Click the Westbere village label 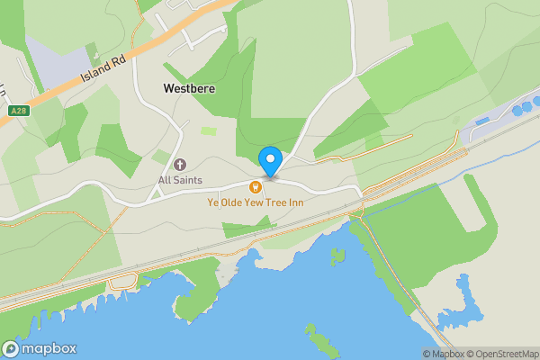coord(188,89)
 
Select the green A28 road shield coord(18,111)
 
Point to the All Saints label coord(180,180)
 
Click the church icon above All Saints coord(180,165)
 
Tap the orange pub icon coord(256,186)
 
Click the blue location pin coord(270,161)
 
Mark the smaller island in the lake coord(337,256)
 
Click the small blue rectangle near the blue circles coord(487,120)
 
